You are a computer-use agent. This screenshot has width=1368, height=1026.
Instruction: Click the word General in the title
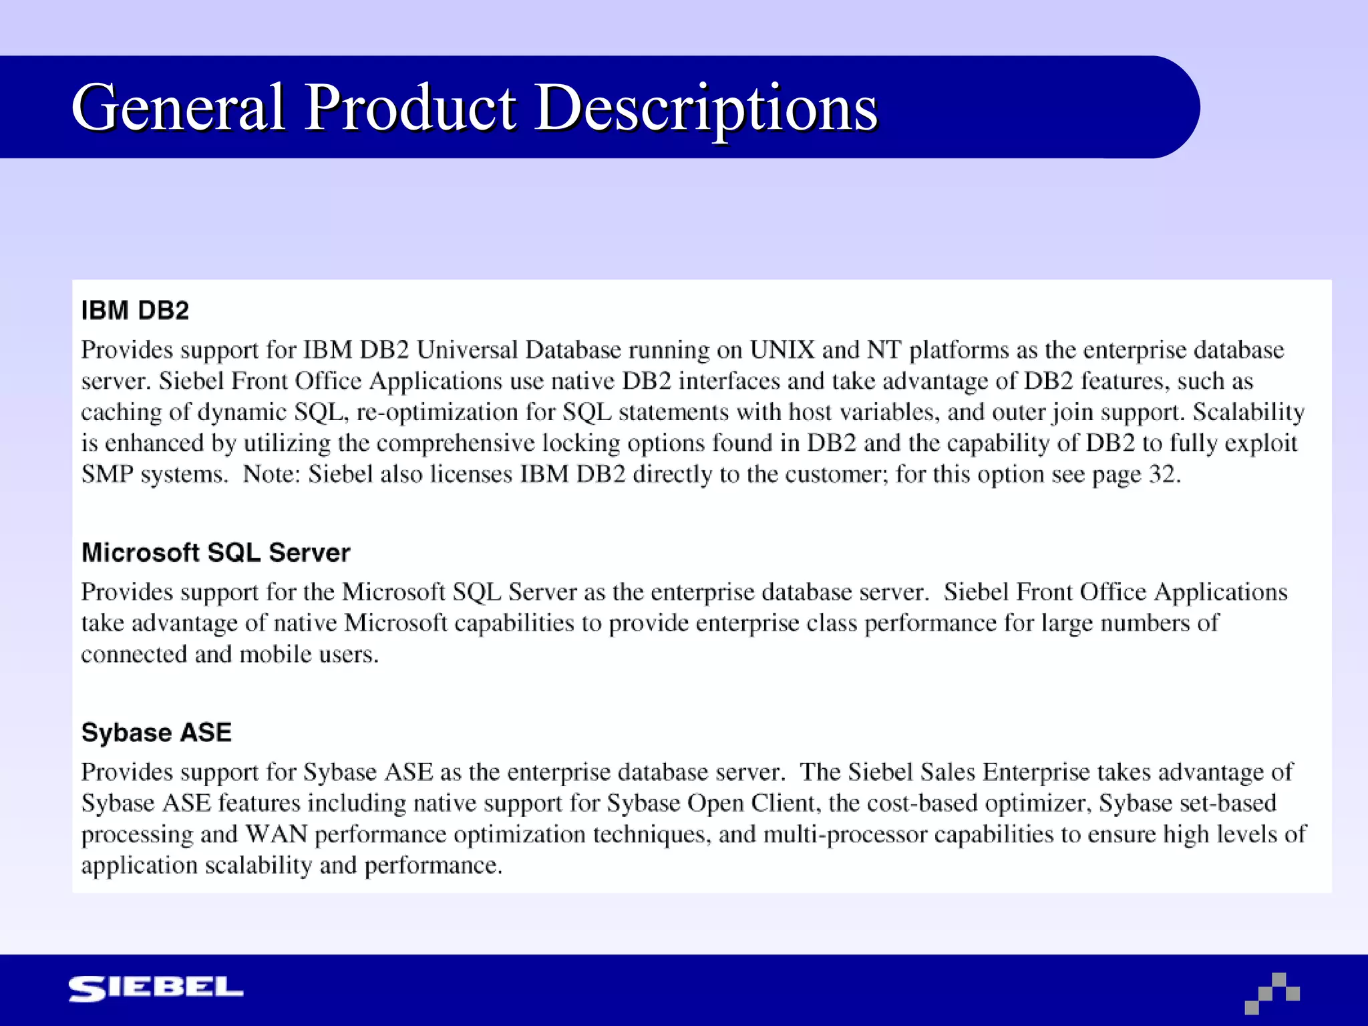click(x=179, y=108)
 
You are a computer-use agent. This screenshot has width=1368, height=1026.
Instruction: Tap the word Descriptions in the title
click(x=707, y=108)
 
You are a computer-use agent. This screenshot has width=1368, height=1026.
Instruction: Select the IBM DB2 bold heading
click(x=135, y=311)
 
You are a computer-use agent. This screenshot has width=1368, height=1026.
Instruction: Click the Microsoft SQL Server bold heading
click(x=216, y=553)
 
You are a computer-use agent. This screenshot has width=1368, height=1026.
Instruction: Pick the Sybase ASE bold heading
click(x=156, y=733)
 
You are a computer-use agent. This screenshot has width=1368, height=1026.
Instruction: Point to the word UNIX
click(x=782, y=350)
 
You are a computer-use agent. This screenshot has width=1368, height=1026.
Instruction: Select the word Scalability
click(x=1248, y=412)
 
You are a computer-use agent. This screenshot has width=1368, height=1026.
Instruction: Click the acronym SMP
click(x=107, y=474)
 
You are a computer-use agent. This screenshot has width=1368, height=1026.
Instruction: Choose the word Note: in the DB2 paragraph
click(x=271, y=474)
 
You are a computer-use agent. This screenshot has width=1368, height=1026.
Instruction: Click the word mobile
click(x=275, y=654)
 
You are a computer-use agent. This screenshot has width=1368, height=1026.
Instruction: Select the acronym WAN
click(x=277, y=834)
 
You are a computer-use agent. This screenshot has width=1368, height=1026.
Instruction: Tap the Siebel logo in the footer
click(x=156, y=989)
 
